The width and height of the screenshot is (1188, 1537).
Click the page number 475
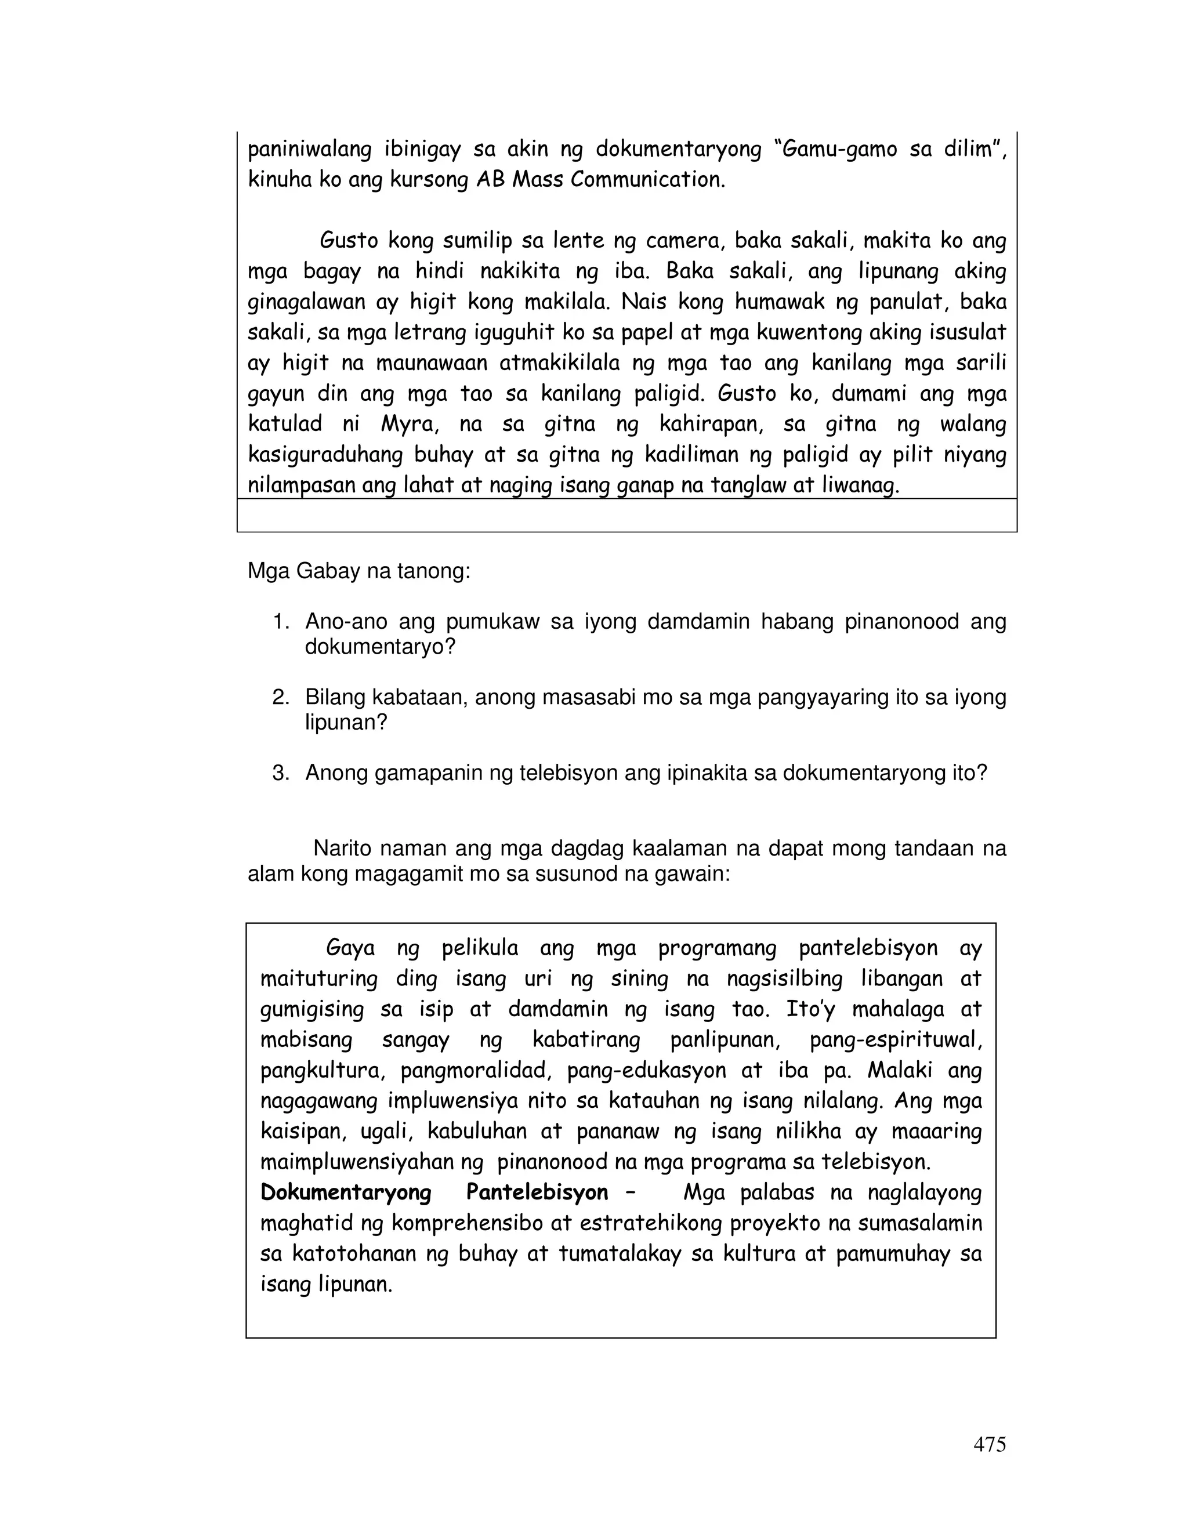click(989, 1445)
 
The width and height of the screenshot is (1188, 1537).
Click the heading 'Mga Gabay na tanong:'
click(358, 571)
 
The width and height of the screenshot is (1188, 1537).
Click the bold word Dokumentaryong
click(346, 1192)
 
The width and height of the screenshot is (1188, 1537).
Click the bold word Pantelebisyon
click(537, 1192)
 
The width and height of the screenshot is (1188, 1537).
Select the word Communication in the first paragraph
click(647, 180)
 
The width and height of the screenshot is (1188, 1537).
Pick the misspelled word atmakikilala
click(560, 364)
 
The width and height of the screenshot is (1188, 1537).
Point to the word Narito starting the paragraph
click(345, 849)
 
